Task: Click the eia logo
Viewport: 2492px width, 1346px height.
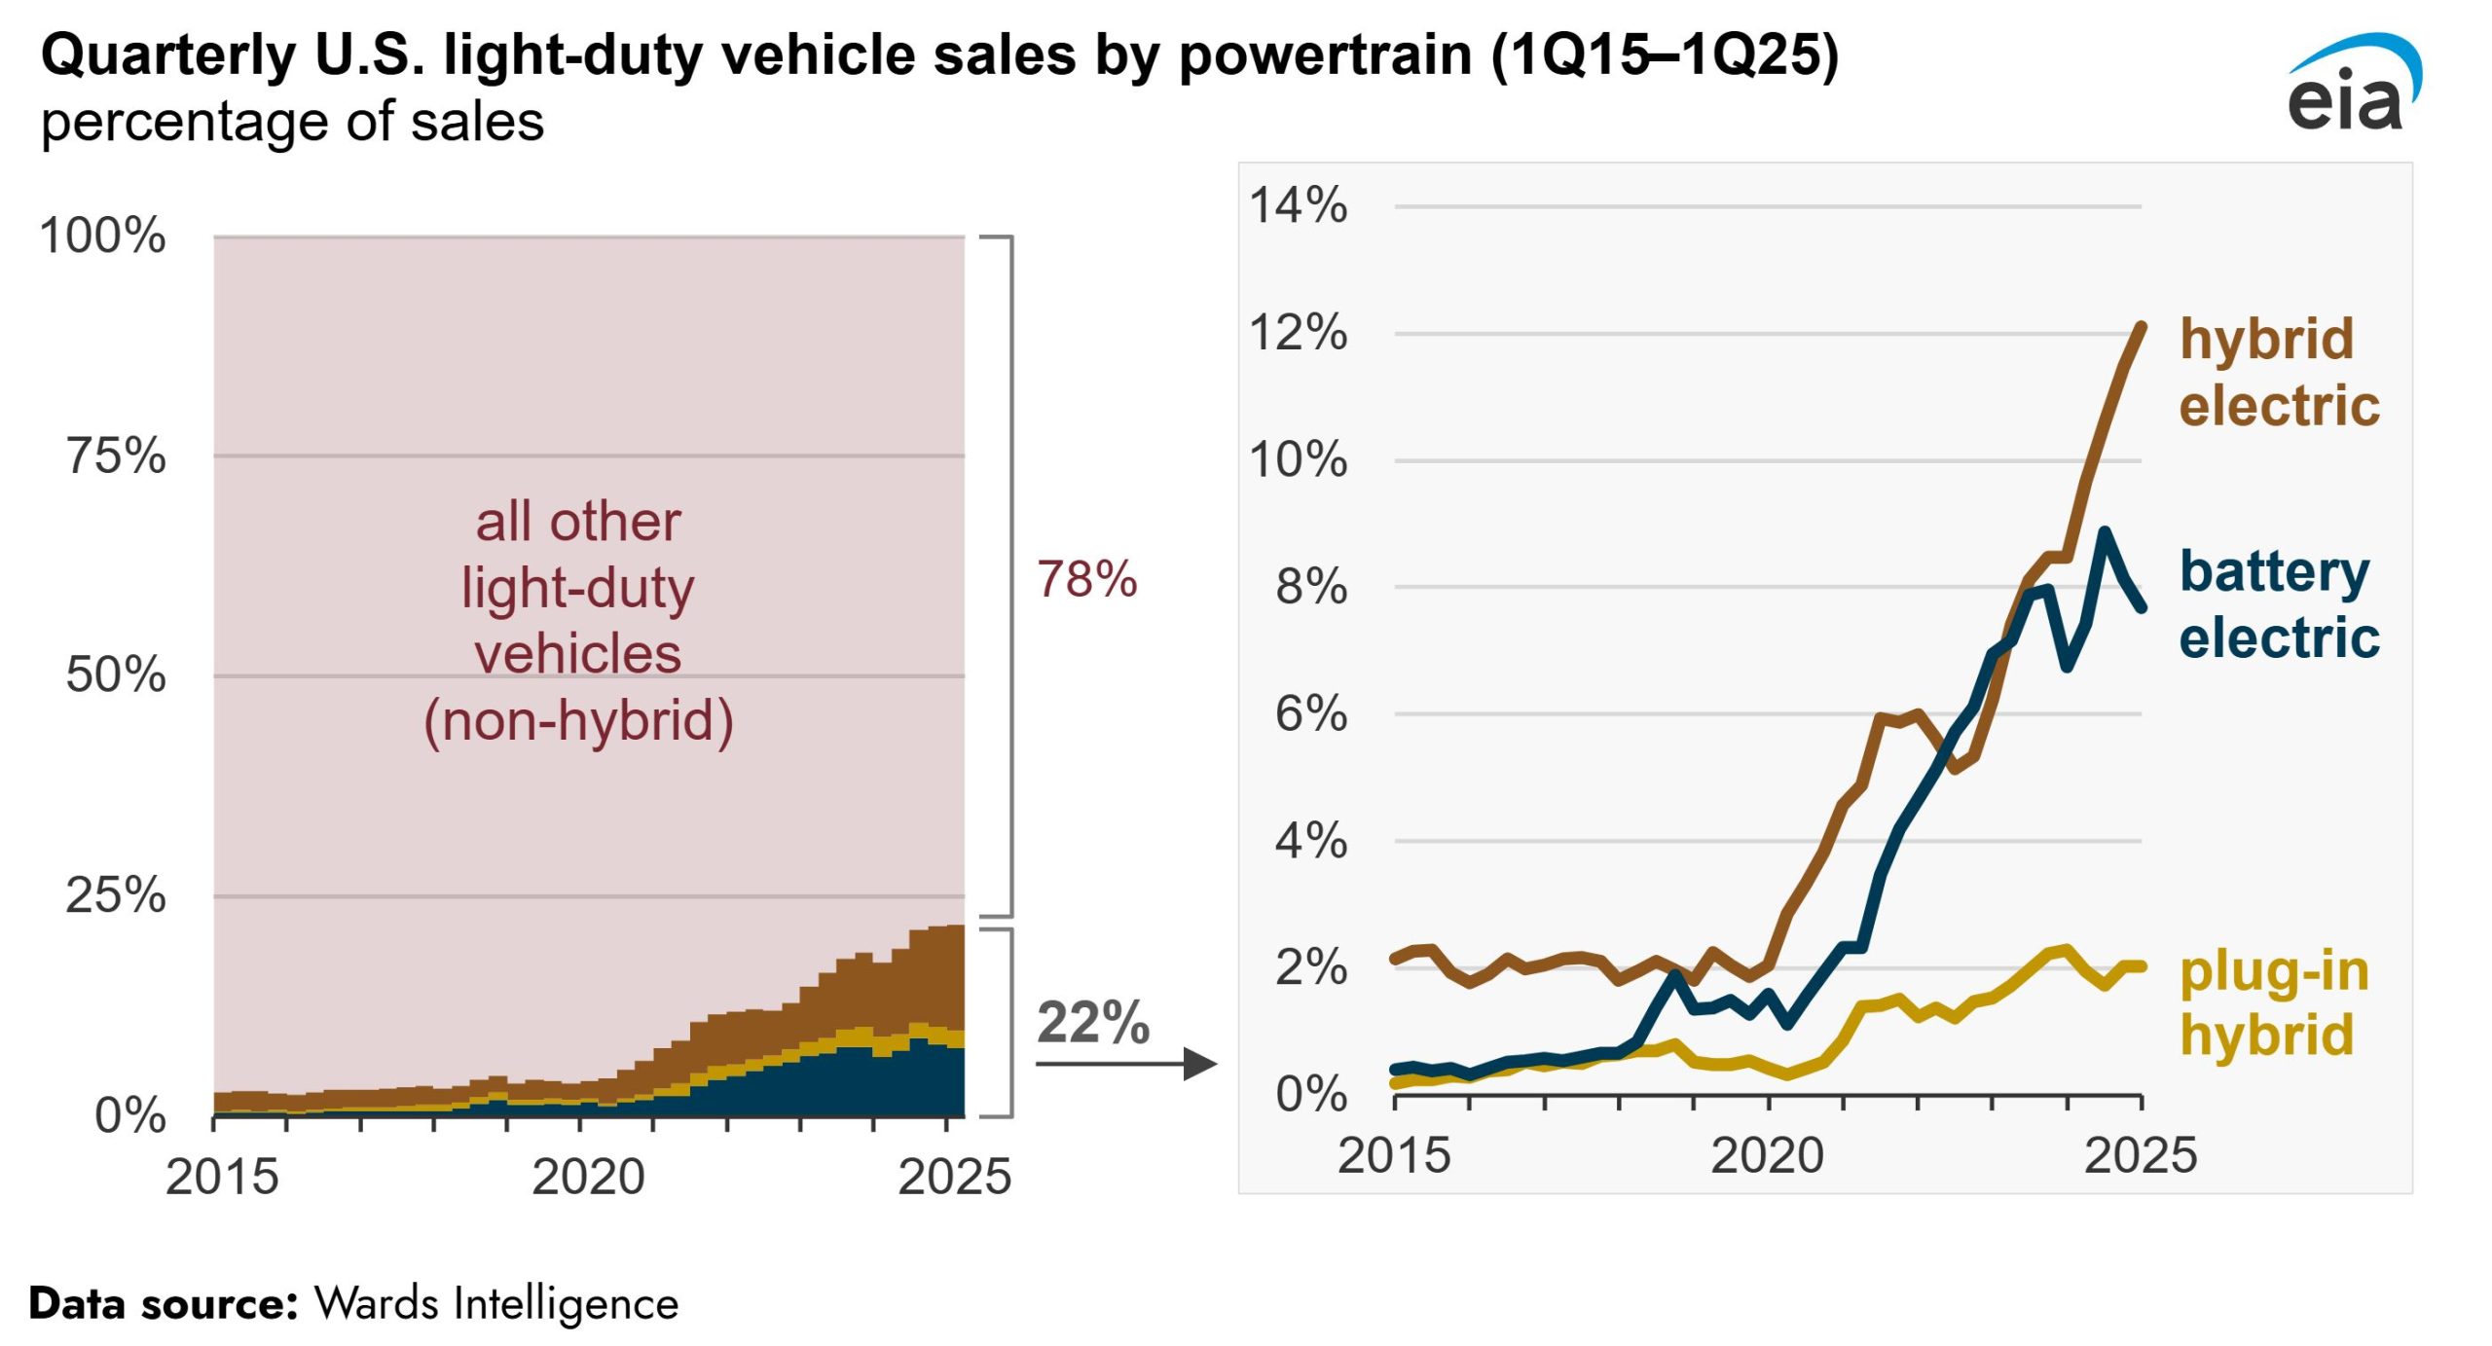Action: click(x=2354, y=84)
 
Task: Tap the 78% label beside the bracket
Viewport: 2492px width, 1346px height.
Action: click(x=1086, y=579)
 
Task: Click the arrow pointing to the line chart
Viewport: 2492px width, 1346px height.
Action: click(x=1126, y=1063)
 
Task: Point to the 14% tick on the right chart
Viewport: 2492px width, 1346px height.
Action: click(x=1298, y=205)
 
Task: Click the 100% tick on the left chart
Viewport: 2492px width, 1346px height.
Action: click(x=102, y=236)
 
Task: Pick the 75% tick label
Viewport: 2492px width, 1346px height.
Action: click(x=116, y=455)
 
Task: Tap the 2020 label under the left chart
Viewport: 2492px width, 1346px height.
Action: click(x=588, y=1177)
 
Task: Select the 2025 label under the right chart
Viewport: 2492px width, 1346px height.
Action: click(x=2141, y=1155)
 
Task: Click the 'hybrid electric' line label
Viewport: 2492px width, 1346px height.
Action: click(x=2279, y=372)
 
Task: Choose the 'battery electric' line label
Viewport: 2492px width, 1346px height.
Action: click(x=2279, y=603)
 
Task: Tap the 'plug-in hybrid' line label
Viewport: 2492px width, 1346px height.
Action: click(x=2274, y=1002)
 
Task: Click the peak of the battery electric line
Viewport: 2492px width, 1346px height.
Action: click(x=2105, y=531)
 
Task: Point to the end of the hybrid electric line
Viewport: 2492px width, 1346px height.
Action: click(x=2142, y=326)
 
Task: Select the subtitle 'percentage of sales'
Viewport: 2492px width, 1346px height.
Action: click(x=292, y=123)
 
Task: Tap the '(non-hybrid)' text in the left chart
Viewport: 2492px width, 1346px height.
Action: click(x=578, y=721)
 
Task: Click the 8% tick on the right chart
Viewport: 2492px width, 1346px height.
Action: click(x=1311, y=587)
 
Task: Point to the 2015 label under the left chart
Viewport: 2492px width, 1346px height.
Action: click(x=222, y=1177)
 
